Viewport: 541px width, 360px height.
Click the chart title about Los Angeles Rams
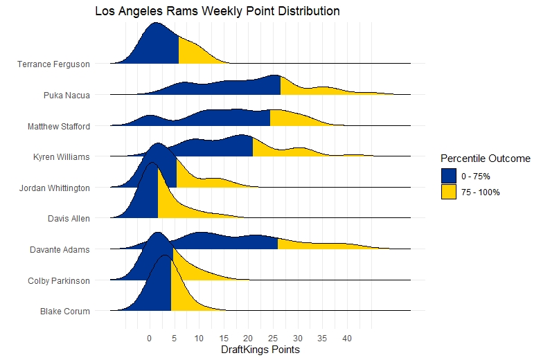(217, 12)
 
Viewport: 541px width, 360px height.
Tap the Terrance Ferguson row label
(53, 64)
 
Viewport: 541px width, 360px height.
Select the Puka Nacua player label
(66, 96)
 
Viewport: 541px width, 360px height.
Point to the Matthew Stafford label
(59, 127)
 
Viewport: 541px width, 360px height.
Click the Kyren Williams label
(62, 157)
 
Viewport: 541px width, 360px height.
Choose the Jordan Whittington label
(54, 188)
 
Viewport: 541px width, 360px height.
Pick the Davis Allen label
(69, 219)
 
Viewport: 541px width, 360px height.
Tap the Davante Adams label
(60, 249)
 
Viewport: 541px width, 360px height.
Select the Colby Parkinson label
(59, 280)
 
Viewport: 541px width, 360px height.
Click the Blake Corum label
(65, 312)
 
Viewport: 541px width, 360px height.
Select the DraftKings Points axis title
(260, 350)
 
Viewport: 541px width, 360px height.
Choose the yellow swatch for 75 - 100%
(449, 192)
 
